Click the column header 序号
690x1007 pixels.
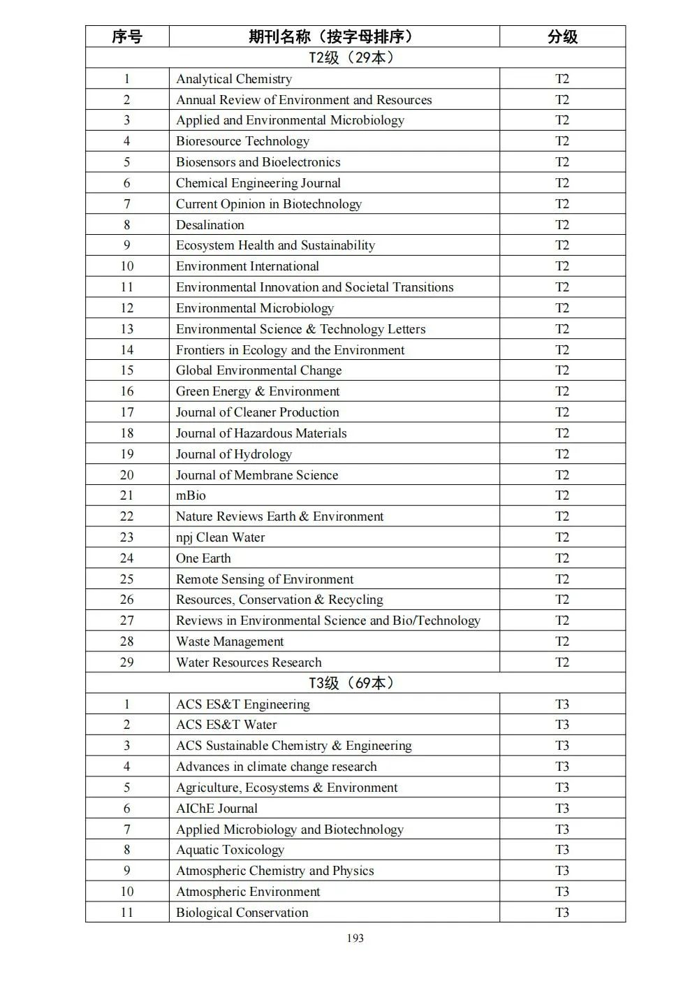pyautogui.click(x=126, y=36)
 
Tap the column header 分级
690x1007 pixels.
pyautogui.click(x=562, y=36)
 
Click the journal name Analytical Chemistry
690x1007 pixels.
pyautogui.click(x=234, y=79)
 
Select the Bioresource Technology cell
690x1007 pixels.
pyautogui.click(x=242, y=141)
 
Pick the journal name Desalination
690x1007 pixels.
pyautogui.click(x=210, y=225)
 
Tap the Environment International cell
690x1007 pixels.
pyautogui.click(x=247, y=266)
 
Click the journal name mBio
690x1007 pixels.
pyautogui.click(x=191, y=495)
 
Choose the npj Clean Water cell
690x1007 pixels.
pyautogui.click(x=220, y=537)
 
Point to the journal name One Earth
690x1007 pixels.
pyautogui.click(x=203, y=558)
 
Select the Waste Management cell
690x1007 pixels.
pyautogui.click(x=230, y=642)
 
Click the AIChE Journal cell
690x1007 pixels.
pyautogui.click(x=216, y=809)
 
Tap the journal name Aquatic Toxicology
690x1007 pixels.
pyautogui.click(x=230, y=850)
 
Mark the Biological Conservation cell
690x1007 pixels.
pyautogui.click(x=242, y=913)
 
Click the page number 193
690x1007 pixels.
pyautogui.click(x=355, y=938)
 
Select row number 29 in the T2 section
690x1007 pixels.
pyautogui.click(x=126, y=662)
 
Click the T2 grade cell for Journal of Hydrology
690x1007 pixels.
pyautogui.click(x=562, y=454)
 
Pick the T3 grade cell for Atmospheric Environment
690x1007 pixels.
pyautogui.click(x=562, y=892)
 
